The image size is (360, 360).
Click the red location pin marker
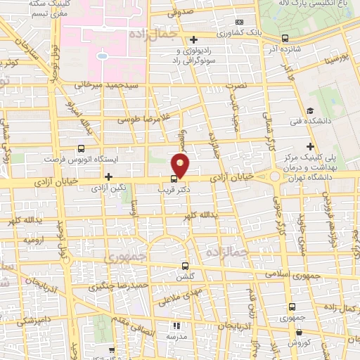tap(181, 167)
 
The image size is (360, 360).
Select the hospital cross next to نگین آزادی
tap(108, 177)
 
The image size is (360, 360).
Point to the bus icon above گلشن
tap(185, 266)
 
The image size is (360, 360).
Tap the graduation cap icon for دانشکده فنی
tap(310, 111)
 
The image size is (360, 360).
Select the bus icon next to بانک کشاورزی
tap(284, 38)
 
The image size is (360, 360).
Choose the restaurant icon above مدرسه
tap(176, 326)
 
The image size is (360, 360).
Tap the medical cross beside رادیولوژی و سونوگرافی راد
tap(193, 39)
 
